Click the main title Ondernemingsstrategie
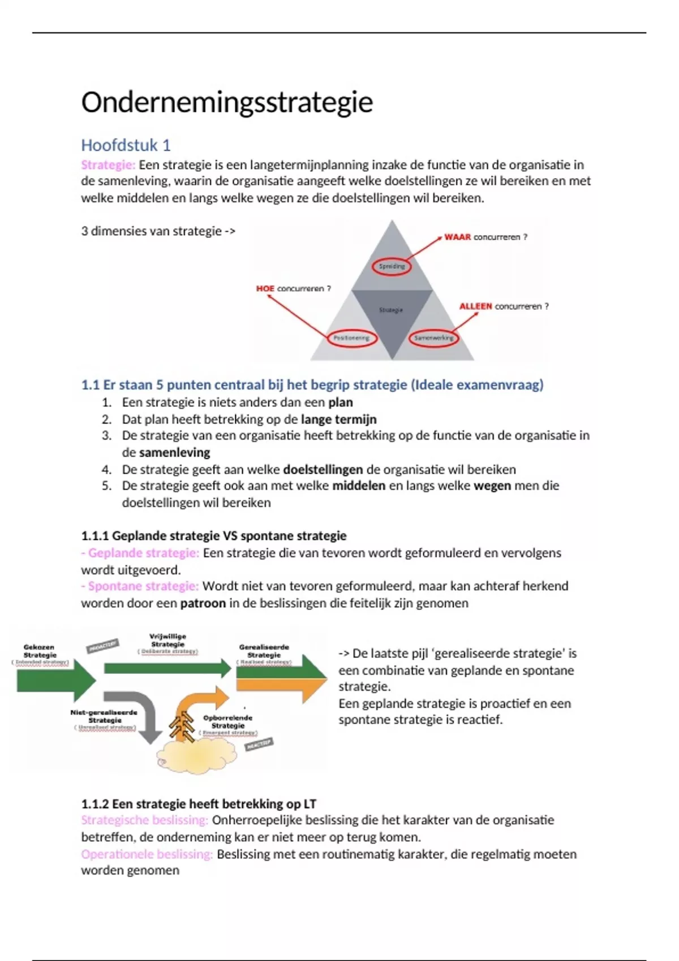tap(227, 102)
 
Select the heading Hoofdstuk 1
tap(126, 145)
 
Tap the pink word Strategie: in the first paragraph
tap(108, 165)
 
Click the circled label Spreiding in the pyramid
tap(392, 266)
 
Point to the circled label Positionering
tap(351, 338)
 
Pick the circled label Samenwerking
tap(433, 338)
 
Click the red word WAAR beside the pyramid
tap(457, 237)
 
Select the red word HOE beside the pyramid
tap(265, 288)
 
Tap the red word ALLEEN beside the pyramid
tap(475, 306)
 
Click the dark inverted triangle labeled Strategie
tap(392, 314)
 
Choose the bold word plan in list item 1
tap(340, 402)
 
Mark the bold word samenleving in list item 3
tap(174, 452)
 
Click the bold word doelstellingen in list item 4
tap(323, 469)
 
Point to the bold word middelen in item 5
tap(359, 486)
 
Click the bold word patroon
tap(203, 603)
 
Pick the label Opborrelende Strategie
tap(227, 722)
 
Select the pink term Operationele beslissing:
tap(147, 854)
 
